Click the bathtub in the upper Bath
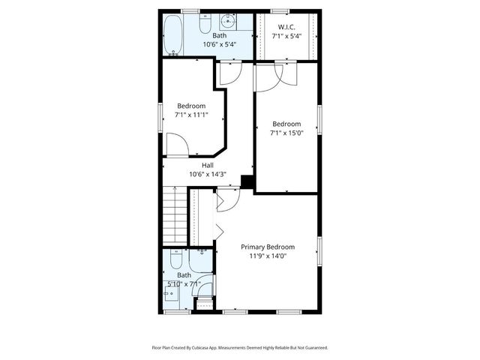(173, 35)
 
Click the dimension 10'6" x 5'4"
(219, 44)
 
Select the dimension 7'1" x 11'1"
(191, 115)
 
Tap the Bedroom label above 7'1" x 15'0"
(286, 124)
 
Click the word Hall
(208, 165)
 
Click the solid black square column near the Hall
(246, 180)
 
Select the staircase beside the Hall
(173, 217)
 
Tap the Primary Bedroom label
(268, 247)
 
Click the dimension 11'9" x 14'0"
(268, 256)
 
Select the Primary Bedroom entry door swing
(228, 198)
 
